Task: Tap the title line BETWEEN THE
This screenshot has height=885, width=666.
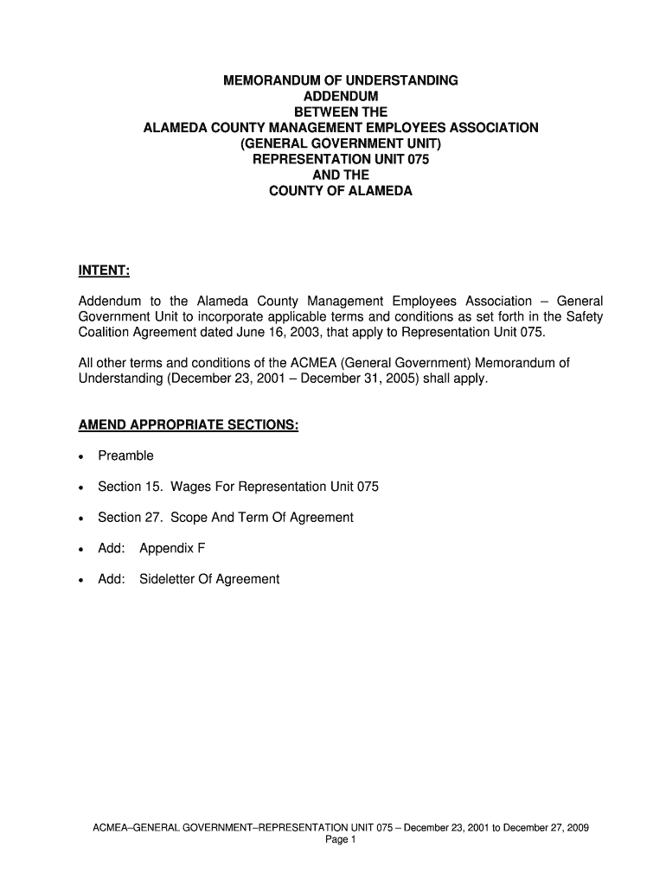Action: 341,112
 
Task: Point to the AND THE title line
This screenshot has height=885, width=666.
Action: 341,175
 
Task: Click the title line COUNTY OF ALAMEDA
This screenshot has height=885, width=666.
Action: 341,190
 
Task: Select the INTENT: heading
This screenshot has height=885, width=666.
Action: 104,272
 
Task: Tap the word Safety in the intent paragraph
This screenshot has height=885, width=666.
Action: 584,317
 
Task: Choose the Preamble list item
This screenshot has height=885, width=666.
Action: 125,455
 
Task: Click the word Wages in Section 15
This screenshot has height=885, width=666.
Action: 189,487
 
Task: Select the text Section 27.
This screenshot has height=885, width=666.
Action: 131,517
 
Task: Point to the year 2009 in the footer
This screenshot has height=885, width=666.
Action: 576,827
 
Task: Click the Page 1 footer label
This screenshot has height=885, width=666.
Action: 341,839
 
